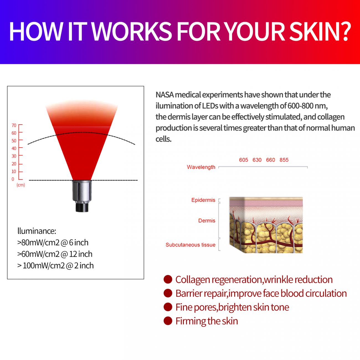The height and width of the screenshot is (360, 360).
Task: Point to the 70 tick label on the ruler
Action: click(14, 125)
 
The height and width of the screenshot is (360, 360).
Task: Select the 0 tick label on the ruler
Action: click(13, 179)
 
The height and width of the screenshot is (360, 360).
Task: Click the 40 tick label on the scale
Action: click(14, 148)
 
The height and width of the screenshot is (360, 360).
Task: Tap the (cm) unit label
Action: click(21, 185)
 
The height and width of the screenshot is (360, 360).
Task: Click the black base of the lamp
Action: click(82, 207)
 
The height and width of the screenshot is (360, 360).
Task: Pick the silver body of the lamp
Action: click(82, 191)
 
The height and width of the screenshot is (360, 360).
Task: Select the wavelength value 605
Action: click(243, 160)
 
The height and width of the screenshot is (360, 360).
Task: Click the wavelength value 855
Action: click(284, 160)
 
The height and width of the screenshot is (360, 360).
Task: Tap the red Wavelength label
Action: click(201, 167)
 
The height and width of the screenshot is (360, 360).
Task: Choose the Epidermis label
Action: click(203, 200)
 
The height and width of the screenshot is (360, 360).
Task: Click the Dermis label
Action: click(207, 221)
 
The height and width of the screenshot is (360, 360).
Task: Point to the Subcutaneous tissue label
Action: click(190, 245)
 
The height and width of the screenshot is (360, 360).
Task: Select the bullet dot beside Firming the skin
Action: click(168, 321)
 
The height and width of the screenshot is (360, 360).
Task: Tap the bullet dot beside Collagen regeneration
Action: click(168, 279)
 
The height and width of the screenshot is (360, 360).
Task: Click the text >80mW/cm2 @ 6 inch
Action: click(53, 243)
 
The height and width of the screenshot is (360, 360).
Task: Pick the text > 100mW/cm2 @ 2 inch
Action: click(55, 266)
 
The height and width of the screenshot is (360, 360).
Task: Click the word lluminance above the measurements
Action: click(37, 231)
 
